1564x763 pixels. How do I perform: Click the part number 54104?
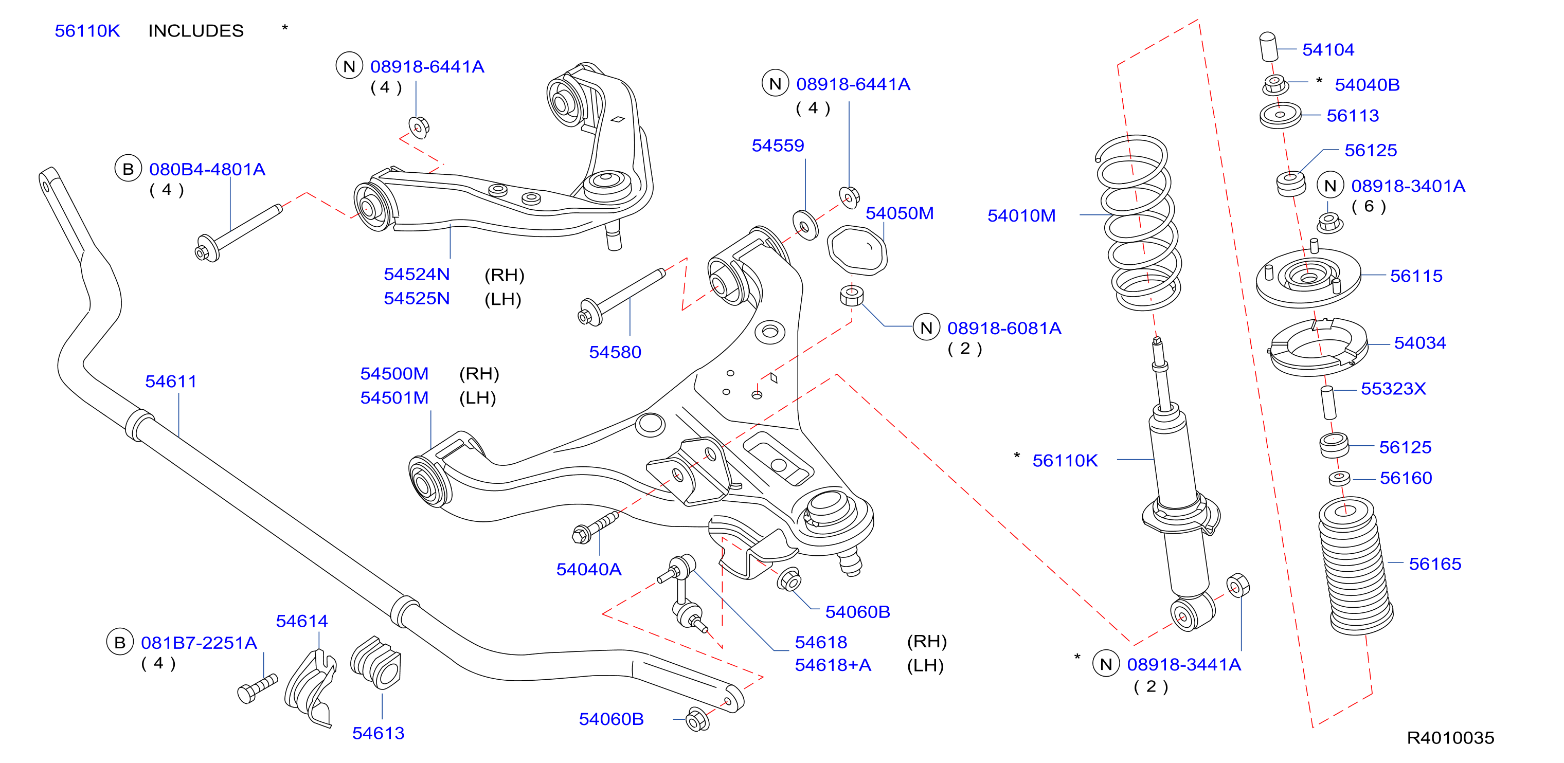(1328, 50)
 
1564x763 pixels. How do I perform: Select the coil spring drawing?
(1138, 223)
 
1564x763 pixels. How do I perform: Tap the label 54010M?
(1021, 215)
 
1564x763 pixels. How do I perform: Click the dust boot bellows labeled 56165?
(1355, 566)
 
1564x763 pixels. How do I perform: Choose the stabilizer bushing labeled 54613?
(376, 662)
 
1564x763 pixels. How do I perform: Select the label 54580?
(615, 352)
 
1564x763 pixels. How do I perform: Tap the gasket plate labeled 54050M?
(857, 249)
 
